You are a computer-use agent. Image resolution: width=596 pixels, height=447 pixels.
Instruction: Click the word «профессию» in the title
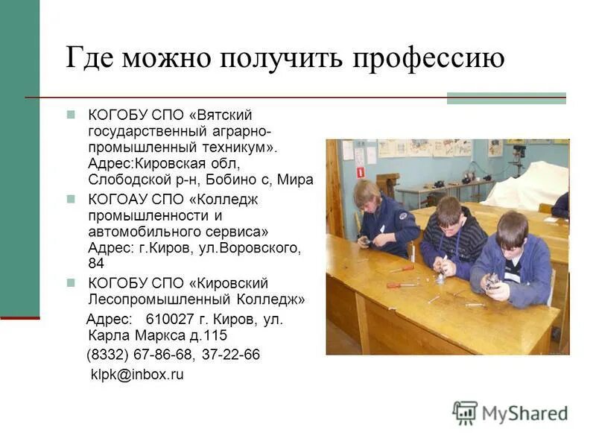coord(430,58)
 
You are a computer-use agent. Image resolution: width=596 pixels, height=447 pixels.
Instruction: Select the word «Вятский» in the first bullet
coord(226,115)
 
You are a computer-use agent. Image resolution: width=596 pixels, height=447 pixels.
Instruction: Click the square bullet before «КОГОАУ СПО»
coord(72,200)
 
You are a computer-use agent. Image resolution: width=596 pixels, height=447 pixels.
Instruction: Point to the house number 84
coord(95,263)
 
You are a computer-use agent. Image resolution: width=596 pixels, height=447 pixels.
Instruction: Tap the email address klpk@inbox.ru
coord(136,374)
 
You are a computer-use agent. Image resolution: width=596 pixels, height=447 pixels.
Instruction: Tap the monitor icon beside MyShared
coord(465,413)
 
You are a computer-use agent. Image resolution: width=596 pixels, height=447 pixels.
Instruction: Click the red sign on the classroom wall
coord(361,171)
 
